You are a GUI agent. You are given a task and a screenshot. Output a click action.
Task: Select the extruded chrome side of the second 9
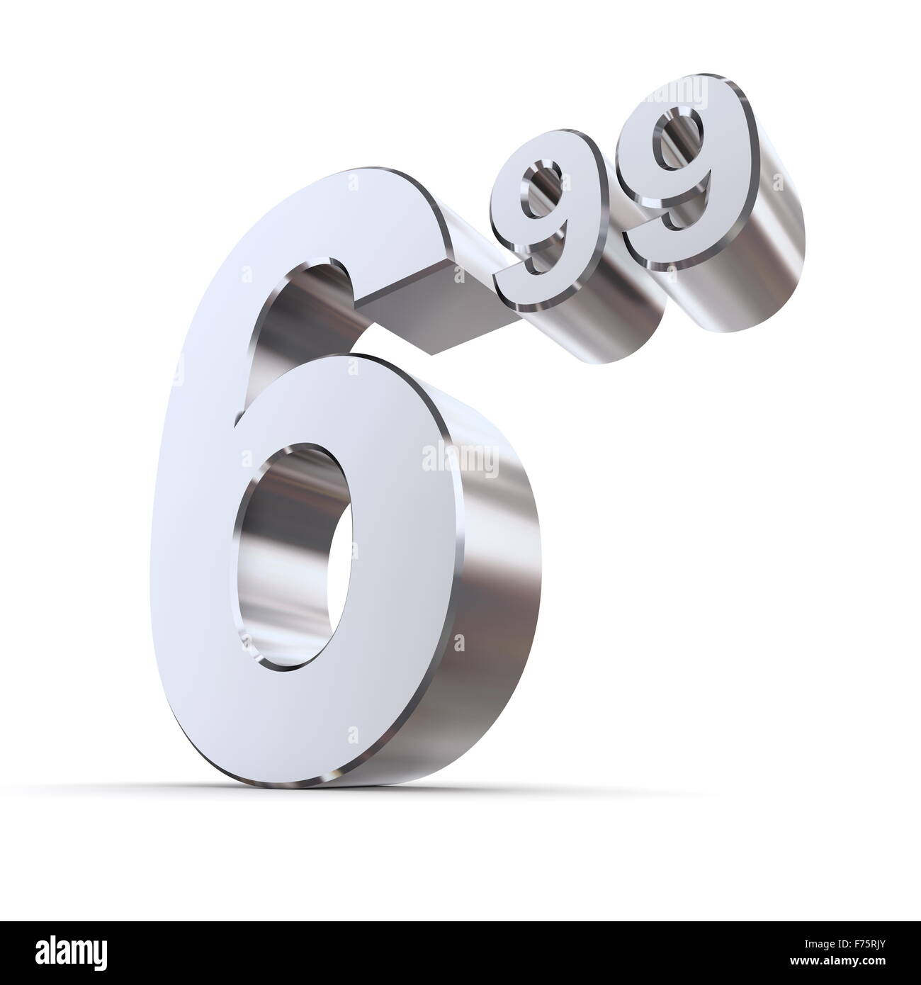coord(751,227)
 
